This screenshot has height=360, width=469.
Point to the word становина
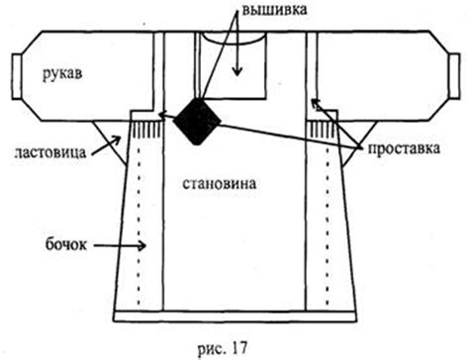[219, 184]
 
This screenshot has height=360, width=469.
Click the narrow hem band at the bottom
[234, 318]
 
